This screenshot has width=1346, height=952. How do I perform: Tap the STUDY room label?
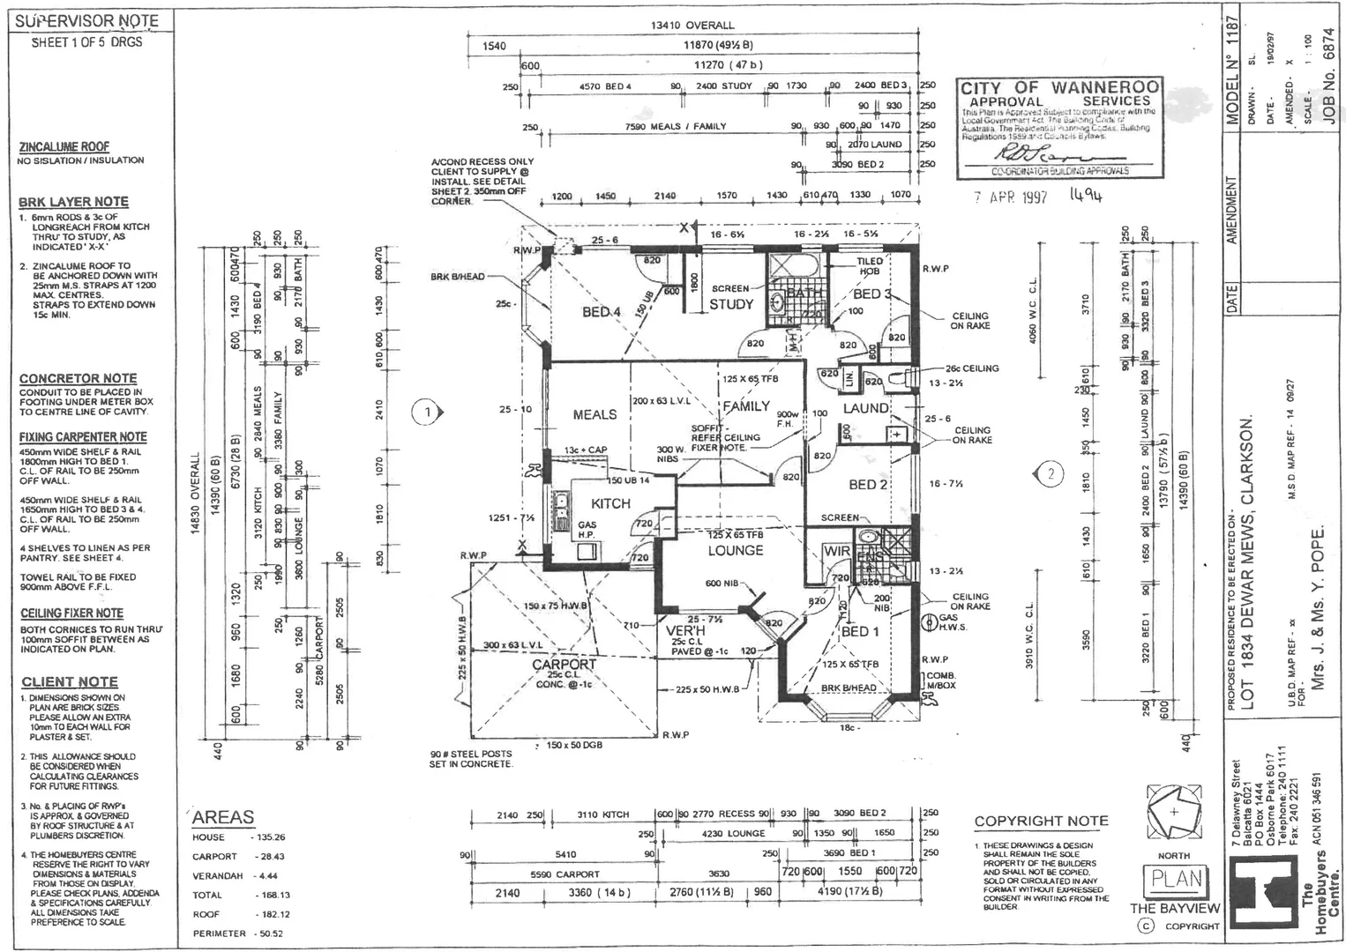coord(731,304)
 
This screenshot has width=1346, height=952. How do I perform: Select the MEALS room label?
coord(594,414)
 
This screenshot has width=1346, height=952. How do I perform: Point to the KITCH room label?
coord(610,503)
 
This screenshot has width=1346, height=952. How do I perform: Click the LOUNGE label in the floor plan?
coord(735,550)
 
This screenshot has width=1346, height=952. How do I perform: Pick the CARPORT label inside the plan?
coord(564,664)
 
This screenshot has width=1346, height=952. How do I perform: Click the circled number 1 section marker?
coord(427,412)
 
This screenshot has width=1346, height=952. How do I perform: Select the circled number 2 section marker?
coord(1051,474)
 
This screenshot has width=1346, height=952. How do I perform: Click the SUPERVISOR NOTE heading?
coord(86,20)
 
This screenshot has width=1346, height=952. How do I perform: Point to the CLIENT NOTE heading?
coord(70,681)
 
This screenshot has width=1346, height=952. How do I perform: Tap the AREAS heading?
coord(223,817)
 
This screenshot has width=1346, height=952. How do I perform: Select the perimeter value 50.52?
coord(268,933)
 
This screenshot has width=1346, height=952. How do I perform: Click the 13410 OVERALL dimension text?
coord(692,26)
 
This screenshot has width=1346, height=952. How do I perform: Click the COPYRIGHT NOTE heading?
coord(1041,821)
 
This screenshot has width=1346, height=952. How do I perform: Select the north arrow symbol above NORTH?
coord(1173,812)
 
